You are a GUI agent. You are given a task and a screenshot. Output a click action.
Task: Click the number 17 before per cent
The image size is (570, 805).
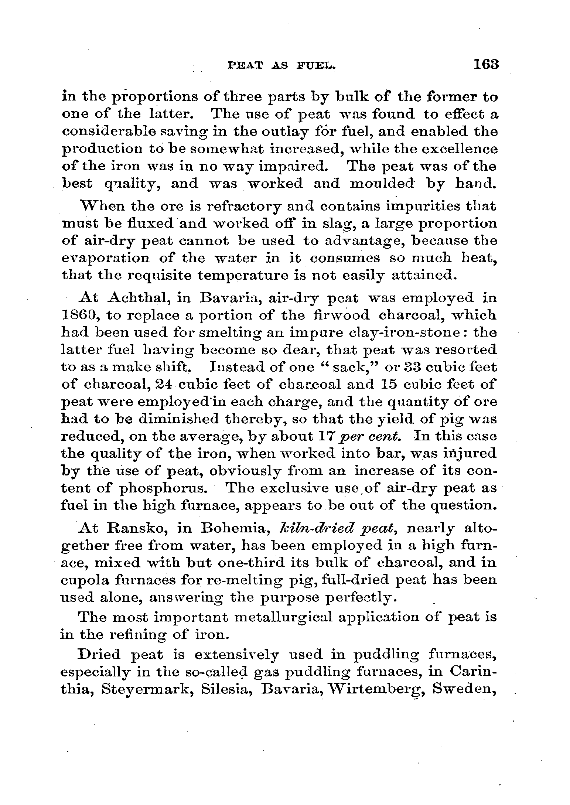[x=325, y=437]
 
